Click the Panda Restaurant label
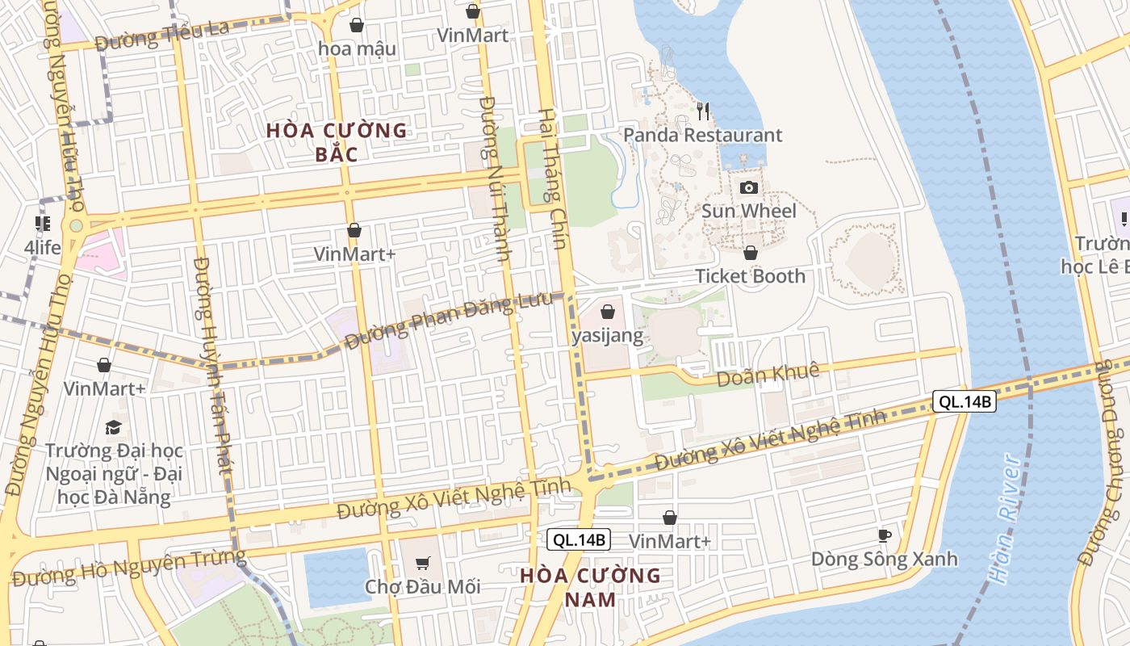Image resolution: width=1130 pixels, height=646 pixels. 703,135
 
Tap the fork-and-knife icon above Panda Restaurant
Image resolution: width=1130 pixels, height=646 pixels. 703,111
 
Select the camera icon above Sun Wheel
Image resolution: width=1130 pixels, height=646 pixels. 749,188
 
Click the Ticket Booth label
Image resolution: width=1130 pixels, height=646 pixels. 750,276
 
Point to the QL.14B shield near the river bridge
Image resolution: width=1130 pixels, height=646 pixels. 965,401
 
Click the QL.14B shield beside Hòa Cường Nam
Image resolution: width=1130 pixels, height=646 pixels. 579,540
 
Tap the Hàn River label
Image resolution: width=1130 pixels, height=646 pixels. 1006,518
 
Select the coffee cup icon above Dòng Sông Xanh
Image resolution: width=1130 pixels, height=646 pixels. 884,535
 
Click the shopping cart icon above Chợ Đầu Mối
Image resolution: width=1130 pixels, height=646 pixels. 422,563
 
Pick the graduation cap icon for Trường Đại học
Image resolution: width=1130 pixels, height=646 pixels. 114,426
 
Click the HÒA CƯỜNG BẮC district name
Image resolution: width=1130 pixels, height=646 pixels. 337,142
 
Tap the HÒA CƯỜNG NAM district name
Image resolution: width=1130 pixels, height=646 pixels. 590,587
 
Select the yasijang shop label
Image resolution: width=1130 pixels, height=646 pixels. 608,336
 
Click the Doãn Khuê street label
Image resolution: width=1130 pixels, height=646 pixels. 768,373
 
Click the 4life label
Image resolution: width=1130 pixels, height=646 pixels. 42,247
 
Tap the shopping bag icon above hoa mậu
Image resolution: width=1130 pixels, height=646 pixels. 356,26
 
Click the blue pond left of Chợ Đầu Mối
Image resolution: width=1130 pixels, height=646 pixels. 337,577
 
